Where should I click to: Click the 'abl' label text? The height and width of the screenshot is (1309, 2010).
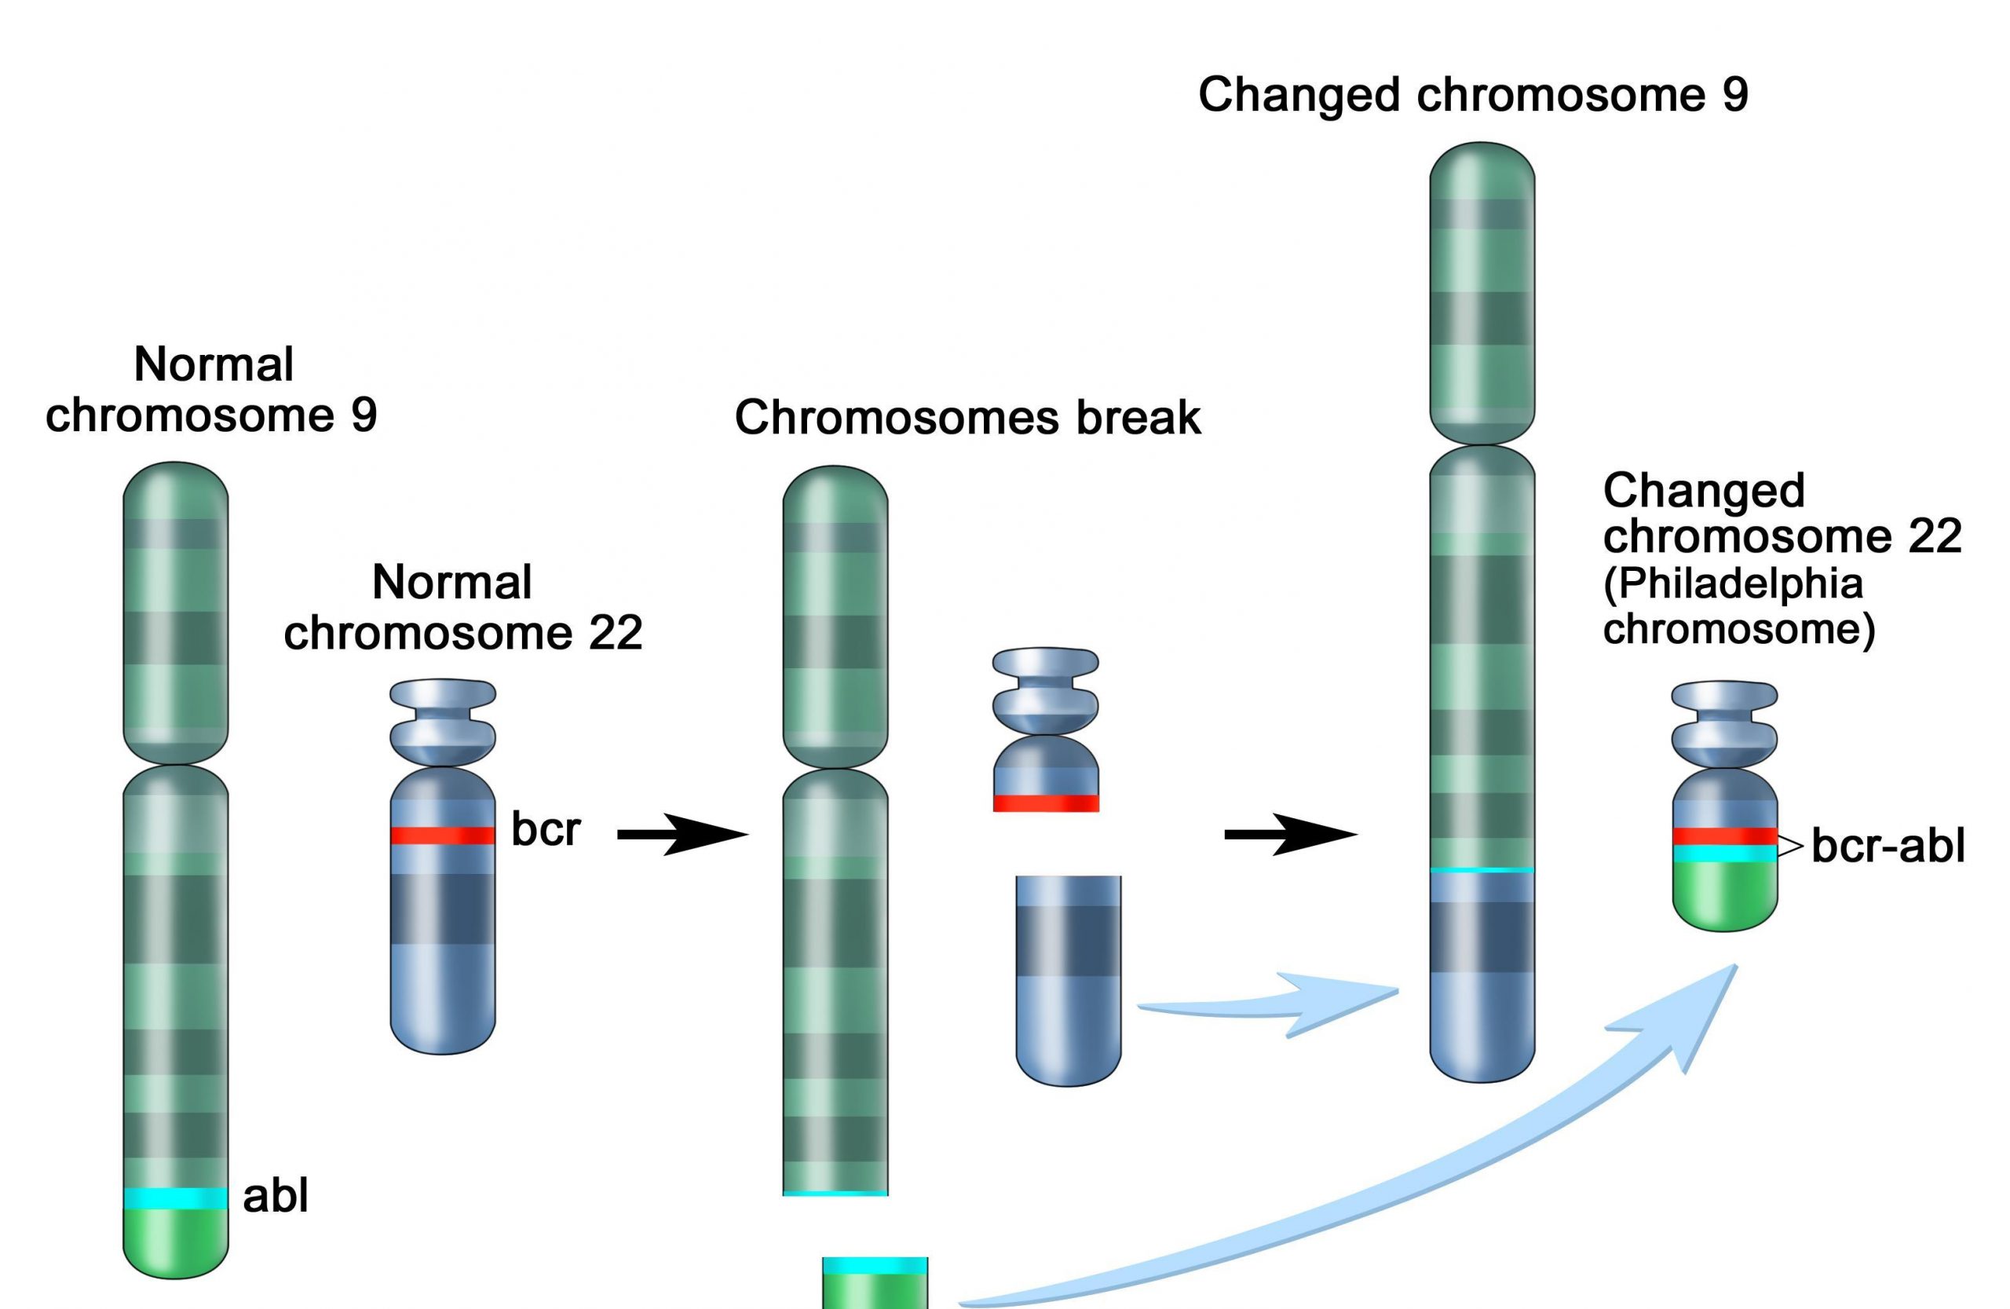point(276,1196)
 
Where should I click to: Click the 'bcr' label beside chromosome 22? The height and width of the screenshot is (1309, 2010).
point(546,829)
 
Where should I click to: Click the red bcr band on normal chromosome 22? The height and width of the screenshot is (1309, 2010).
point(443,835)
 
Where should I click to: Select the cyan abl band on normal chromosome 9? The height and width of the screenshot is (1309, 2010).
point(176,1197)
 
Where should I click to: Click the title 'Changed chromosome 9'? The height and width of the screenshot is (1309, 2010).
point(1473,93)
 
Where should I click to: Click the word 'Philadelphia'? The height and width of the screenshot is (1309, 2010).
point(1732,583)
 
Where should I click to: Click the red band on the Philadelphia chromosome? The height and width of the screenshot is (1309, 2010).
point(1724,836)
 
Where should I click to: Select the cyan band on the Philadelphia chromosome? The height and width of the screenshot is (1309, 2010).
point(1724,854)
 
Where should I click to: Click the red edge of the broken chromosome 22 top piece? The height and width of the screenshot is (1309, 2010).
point(1046,803)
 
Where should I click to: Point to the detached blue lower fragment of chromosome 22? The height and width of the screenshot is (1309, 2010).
point(1069,980)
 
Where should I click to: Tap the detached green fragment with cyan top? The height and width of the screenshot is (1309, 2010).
point(875,1284)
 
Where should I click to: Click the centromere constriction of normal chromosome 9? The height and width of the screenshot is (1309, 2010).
point(176,764)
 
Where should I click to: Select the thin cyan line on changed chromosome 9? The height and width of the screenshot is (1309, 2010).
point(1482,870)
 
